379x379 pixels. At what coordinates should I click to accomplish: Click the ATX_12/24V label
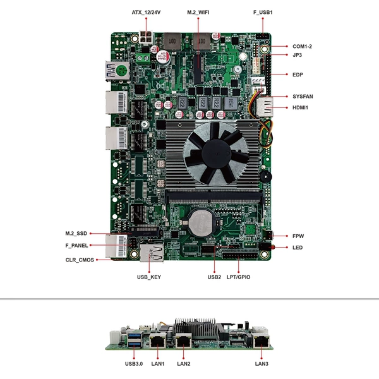pyautogui.click(x=146, y=13)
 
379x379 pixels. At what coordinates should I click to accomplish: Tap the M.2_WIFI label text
pyautogui.click(x=198, y=13)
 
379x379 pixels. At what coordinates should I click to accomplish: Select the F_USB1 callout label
pyautogui.click(x=263, y=13)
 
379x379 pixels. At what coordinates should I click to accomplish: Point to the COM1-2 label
pyautogui.click(x=302, y=46)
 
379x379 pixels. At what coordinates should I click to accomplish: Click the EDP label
pyautogui.click(x=298, y=75)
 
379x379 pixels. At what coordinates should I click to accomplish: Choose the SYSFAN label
pyautogui.click(x=303, y=97)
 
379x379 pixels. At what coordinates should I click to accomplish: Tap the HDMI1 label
pyautogui.click(x=300, y=107)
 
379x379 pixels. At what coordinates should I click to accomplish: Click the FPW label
pyautogui.click(x=298, y=236)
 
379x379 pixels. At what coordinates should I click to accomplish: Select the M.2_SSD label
pyautogui.click(x=76, y=234)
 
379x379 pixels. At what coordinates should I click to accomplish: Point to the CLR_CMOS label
pyautogui.click(x=80, y=260)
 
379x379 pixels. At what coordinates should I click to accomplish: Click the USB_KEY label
pyautogui.click(x=149, y=277)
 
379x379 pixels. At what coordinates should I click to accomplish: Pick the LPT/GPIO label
pyautogui.click(x=238, y=277)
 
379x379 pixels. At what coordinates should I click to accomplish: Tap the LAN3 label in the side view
pyautogui.click(x=262, y=364)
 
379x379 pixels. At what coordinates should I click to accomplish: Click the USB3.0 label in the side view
pyautogui.click(x=134, y=364)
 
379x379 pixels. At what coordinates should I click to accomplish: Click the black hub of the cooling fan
pyautogui.click(x=216, y=153)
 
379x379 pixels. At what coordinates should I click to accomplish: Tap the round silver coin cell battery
pyautogui.click(x=200, y=223)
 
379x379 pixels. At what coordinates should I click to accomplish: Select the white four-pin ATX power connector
pyautogui.click(x=146, y=37)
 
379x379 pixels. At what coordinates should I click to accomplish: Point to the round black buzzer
pyautogui.click(x=265, y=176)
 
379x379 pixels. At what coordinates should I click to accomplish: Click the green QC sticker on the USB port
pyautogui.click(x=121, y=70)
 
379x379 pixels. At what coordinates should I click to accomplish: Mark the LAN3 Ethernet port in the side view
pyautogui.click(x=262, y=341)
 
